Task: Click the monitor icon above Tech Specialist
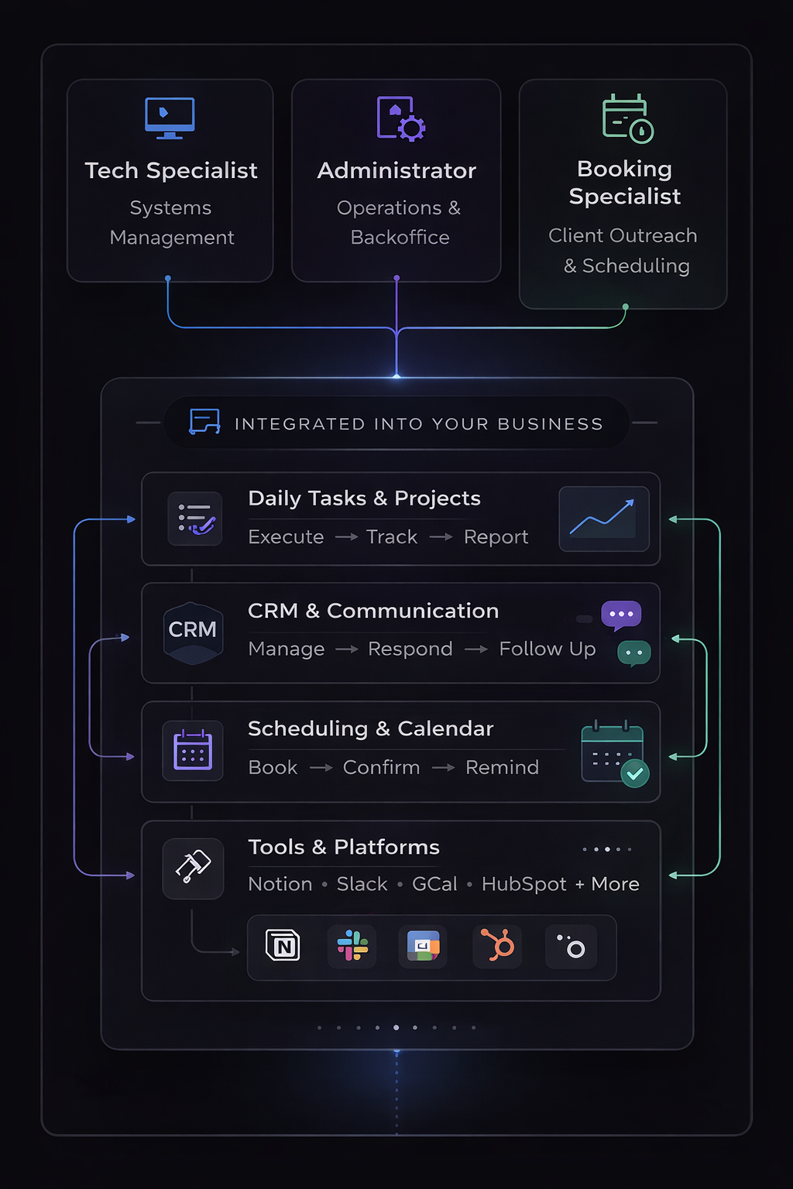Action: point(170,118)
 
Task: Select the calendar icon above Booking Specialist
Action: point(627,119)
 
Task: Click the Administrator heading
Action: point(396,170)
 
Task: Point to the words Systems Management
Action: point(171,222)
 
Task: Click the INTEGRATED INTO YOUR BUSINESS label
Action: point(418,424)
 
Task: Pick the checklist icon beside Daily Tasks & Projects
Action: point(195,519)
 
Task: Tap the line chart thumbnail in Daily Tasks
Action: point(604,519)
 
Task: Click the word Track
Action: point(392,537)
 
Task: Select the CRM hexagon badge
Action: point(193,632)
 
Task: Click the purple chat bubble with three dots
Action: point(621,615)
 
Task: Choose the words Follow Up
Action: point(548,649)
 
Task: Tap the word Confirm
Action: point(381,767)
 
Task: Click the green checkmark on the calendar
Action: point(635,773)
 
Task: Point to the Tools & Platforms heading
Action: point(344,847)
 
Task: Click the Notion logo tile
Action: point(283,946)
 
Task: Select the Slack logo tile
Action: point(352,946)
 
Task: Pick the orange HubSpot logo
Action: point(497,946)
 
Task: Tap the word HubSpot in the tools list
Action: point(524,884)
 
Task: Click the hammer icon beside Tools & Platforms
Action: point(193,867)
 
